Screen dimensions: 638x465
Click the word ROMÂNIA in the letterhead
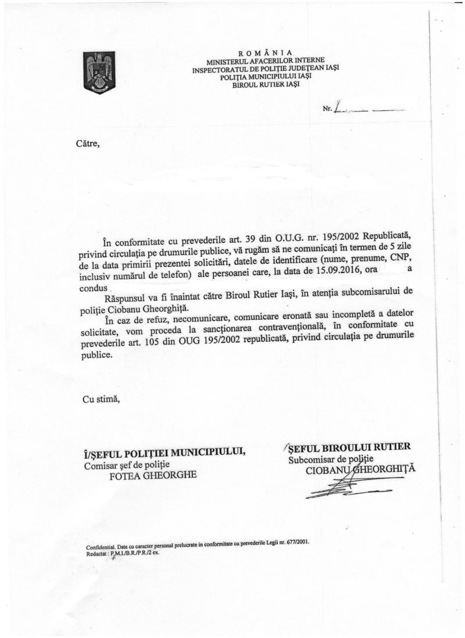265,52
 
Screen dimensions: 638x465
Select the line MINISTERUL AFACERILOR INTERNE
266,60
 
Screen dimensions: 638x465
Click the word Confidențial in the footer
99,548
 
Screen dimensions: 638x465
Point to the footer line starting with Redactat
122,554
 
